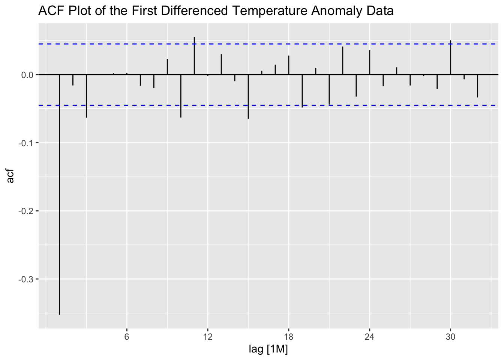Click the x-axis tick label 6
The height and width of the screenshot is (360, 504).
click(127, 337)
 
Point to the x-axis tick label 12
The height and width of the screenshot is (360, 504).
click(208, 337)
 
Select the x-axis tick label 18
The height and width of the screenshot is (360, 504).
click(289, 337)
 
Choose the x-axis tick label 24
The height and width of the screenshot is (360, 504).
click(370, 337)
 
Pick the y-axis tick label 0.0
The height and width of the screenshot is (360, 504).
click(28, 75)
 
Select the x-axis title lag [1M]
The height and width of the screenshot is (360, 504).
click(268, 349)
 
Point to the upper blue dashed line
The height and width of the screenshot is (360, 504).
click(262, 44)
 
